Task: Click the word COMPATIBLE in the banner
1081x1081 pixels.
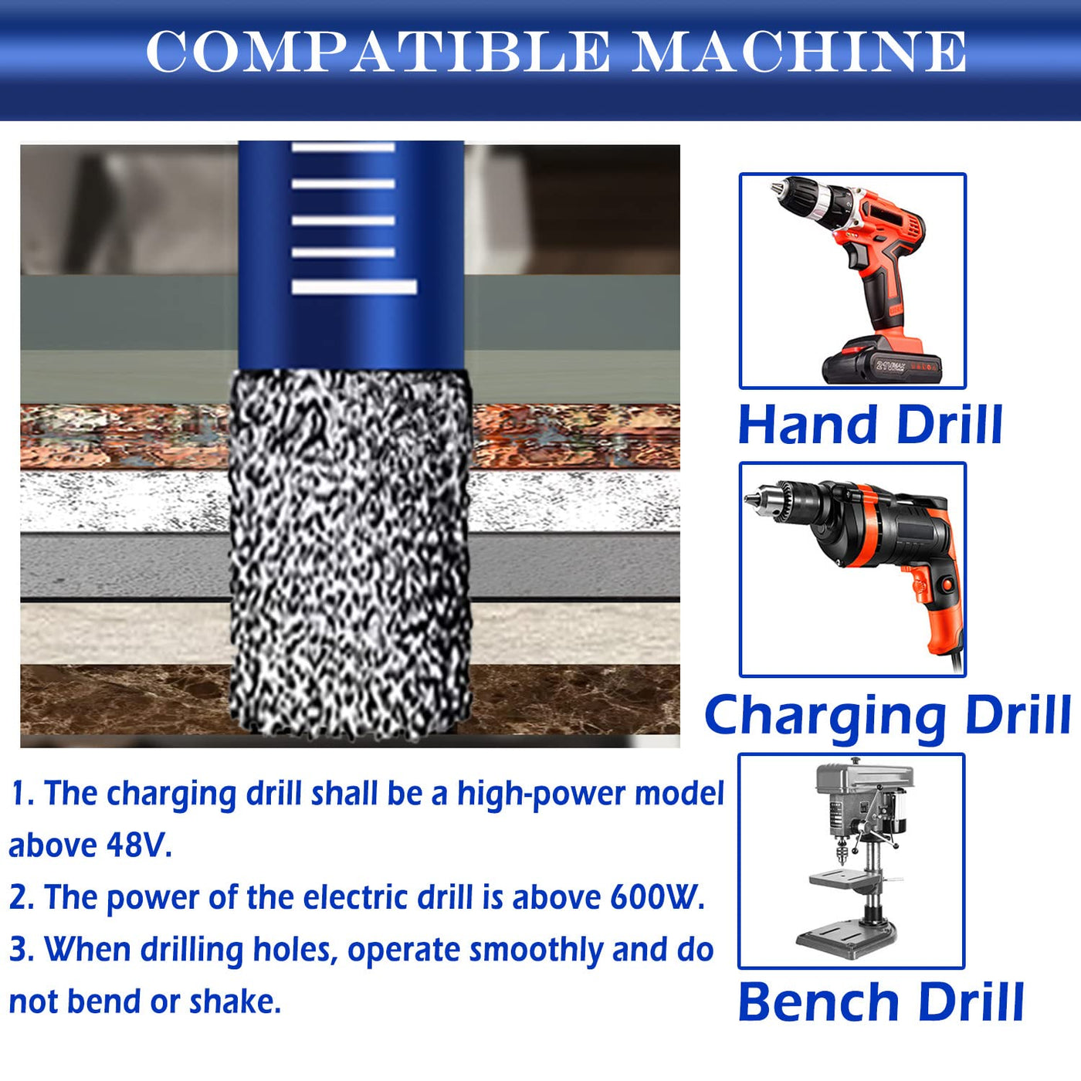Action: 378,52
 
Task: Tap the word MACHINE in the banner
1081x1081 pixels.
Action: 800,52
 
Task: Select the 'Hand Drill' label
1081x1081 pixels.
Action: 870,425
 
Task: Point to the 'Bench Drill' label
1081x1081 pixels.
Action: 881,1002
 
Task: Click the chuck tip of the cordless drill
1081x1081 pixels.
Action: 777,188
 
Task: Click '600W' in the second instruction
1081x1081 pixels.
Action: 657,897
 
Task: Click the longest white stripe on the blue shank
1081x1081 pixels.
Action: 354,286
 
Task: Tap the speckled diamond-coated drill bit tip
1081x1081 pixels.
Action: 351,554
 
